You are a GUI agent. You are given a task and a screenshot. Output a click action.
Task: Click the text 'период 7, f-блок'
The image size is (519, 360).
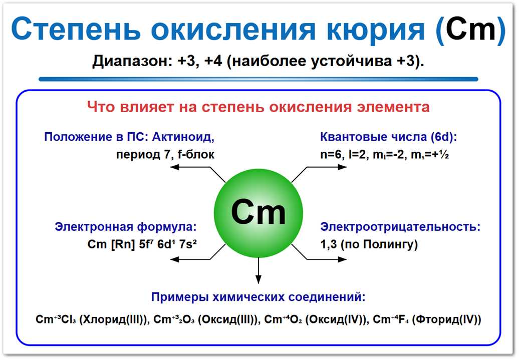(165, 155)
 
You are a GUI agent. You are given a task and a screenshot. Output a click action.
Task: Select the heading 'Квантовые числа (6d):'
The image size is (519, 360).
(389, 137)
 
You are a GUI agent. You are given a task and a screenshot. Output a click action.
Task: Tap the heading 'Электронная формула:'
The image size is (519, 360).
(125, 226)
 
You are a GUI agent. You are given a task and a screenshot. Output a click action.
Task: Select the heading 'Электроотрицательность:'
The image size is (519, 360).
(400, 226)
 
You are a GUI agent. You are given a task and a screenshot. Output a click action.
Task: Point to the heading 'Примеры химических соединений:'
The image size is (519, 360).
(258, 297)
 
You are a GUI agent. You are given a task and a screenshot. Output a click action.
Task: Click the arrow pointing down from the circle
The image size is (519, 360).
(258, 270)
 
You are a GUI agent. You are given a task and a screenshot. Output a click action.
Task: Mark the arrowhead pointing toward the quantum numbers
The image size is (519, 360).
(342, 167)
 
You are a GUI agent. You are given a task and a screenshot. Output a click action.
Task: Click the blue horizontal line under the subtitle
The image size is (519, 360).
(258, 79)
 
